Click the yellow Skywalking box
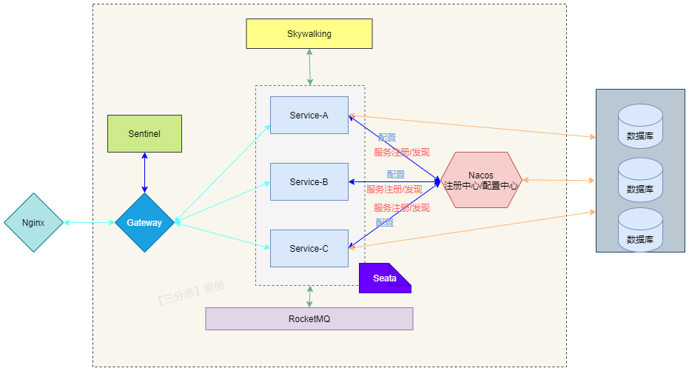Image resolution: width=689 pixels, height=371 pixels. pyautogui.click(x=309, y=34)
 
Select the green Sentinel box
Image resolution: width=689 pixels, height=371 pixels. pyautogui.click(x=144, y=134)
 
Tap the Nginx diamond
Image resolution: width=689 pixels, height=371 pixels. pyautogui.click(x=33, y=222)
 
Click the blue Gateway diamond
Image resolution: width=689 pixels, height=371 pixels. pyautogui.click(x=144, y=222)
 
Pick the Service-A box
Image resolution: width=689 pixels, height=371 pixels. pyautogui.click(x=309, y=115)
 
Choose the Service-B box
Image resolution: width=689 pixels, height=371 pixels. pyautogui.click(x=309, y=182)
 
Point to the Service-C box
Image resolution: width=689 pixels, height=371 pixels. pyautogui.click(x=309, y=248)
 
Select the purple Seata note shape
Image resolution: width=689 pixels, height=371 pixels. pyautogui.click(x=384, y=278)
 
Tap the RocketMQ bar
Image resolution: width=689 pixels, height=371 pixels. pyautogui.click(x=309, y=318)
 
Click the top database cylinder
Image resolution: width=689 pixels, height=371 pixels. pyautogui.click(x=640, y=127)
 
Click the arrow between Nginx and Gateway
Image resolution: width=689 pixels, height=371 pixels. pyautogui.click(x=89, y=222)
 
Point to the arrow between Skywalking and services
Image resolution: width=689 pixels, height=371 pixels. pyautogui.click(x=309, y=67)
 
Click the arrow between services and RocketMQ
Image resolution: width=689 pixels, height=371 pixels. pyautogui.click(x=309, y=296)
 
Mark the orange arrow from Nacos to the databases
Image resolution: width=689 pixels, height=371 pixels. pyautogui.click(x=559, y=180)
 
